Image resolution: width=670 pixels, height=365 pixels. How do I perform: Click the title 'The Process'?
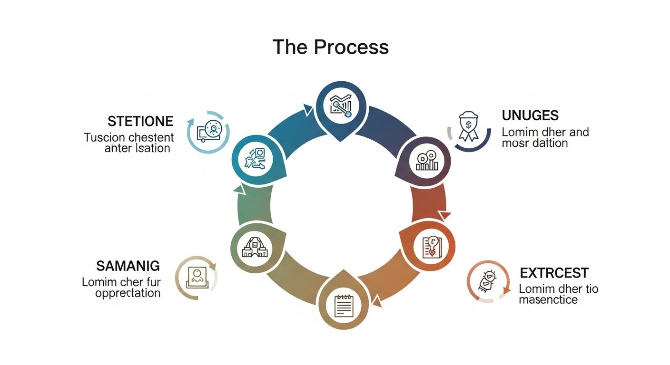click(x=330, y=48)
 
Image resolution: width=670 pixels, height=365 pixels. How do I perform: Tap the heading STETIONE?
click(x=140, y=121)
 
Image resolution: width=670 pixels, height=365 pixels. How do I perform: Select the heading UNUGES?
click(x=530, y=115)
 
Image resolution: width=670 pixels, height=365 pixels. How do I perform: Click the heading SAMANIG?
click(x=128, y=266)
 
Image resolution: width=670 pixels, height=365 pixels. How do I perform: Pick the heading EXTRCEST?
click(x=554, y=273)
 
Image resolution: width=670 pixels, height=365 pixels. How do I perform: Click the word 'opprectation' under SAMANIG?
click(x=128, y=293)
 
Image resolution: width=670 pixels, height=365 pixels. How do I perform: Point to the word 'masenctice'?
click(x=548, y=300)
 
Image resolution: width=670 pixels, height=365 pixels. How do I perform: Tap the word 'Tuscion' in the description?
click(x=104, y=137)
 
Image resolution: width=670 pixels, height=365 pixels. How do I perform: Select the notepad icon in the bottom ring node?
click(x=344, y=306)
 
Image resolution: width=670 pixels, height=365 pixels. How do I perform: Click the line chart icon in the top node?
click(x=341, y=105)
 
